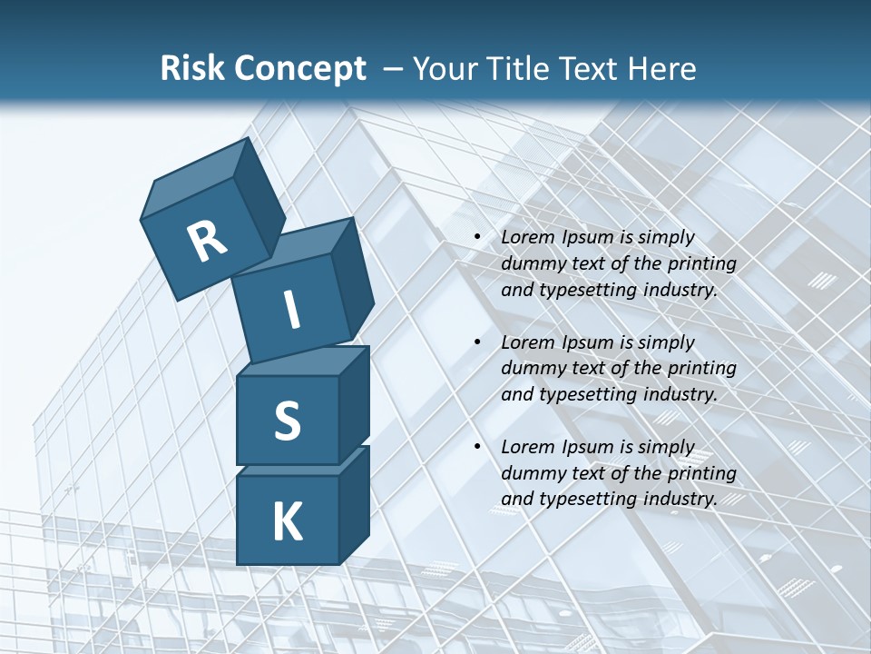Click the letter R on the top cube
point(207,242)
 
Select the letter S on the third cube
point(287,421)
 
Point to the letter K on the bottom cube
point(287,522)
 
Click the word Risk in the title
point(191,68)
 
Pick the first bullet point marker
point(478,238)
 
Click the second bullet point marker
point(478,343)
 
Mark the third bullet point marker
point(478,448)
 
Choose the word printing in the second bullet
point(701,369)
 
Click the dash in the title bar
point(393,69)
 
